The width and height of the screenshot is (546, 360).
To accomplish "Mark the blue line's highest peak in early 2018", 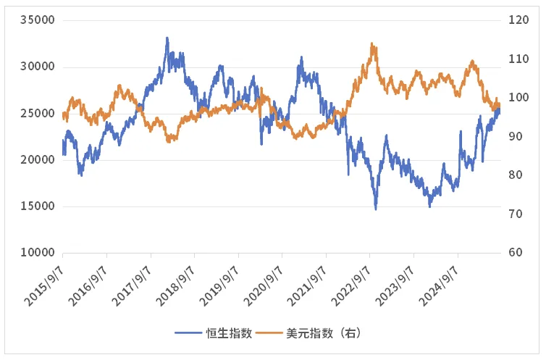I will point(167,38).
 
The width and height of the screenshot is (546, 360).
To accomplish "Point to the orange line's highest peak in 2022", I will point(371,43).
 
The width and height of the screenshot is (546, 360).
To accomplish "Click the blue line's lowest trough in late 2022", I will point(375,209).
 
